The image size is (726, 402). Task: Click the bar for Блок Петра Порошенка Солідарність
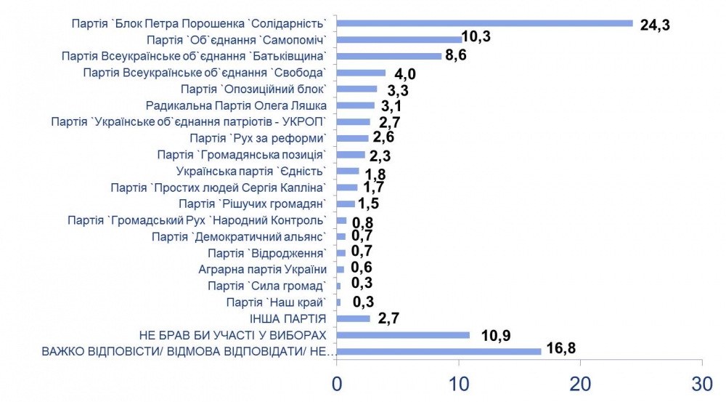click(485, 24)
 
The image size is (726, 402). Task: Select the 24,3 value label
click(655, 25)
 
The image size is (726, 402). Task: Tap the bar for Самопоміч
click(399, 40)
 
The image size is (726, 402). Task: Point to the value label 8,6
click(456, 55)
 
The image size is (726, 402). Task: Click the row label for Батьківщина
click(194, 57)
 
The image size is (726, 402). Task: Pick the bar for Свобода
click(361, 73)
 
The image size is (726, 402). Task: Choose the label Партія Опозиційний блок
click(253, 89)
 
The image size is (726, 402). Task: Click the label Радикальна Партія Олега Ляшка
click(236, 105)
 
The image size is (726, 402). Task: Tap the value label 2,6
click(384, 137)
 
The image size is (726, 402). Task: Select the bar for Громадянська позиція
click(351, 155)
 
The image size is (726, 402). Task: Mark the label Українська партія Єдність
click(251, 171)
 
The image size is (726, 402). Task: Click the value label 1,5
click(369, 204)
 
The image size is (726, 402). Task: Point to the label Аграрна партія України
click(263, 270)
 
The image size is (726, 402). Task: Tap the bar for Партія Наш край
click(339, 302)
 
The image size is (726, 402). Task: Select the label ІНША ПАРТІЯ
click(288, 319)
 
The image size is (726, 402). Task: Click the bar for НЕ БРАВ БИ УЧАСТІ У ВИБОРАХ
click(403, 335)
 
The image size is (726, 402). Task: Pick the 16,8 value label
click(561, 347)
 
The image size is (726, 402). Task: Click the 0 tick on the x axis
click(337, 385)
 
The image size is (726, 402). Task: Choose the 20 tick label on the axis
click(580, 385)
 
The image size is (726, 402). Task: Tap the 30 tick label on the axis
click(702, 385)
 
